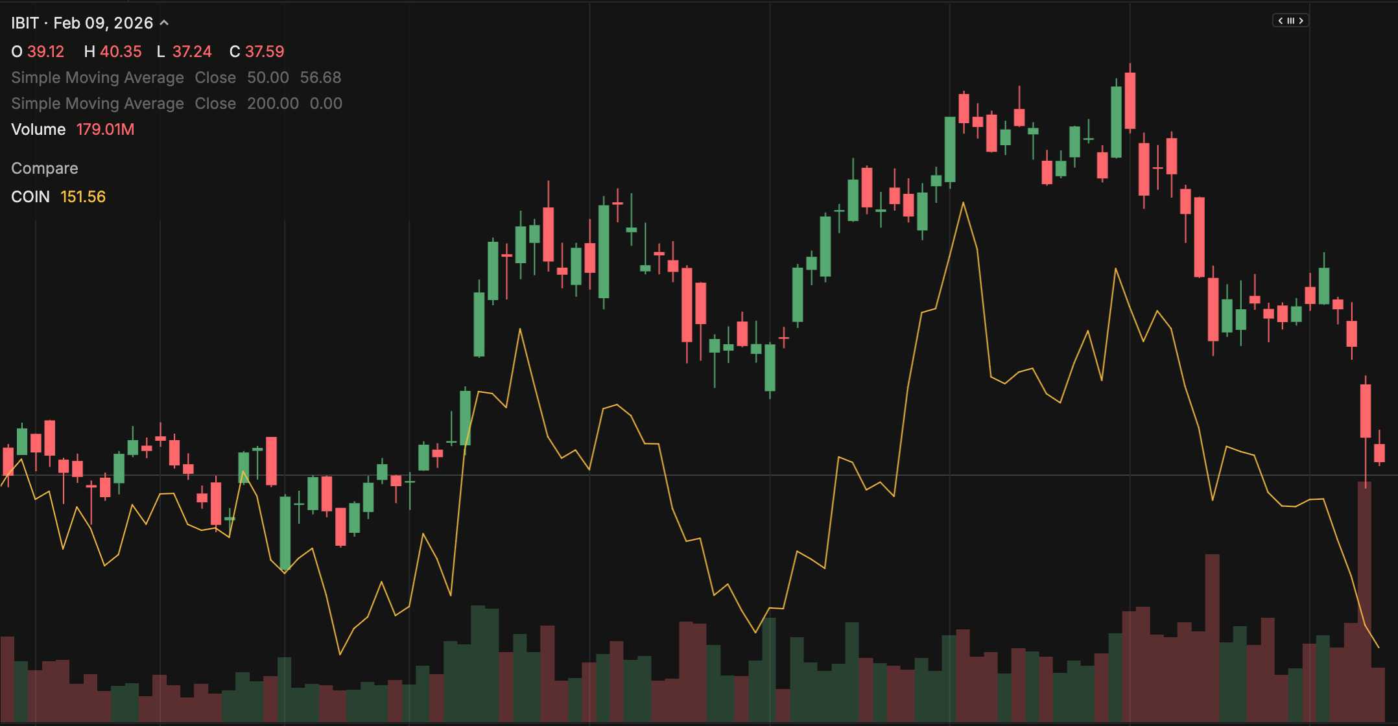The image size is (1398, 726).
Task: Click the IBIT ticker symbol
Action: click(x=25, y=23)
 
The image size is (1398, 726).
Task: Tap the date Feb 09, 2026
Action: click(x=103, y=23)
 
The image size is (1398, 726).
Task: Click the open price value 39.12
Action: click(x=45, y=52)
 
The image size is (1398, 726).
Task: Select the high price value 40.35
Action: click(x=121, y=52)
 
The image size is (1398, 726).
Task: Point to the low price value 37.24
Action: click(x=192, y=52)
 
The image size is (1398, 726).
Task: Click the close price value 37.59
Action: click(x=265, y=52)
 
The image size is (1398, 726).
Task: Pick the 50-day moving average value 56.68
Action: click(x=320, y=78)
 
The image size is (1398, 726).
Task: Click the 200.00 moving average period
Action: click(x=273, y=104)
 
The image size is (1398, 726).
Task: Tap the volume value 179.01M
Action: click(x=105, y=130)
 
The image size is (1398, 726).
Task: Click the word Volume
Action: click(x=38, y=130)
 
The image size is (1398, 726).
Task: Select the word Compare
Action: click(x=45, y=169)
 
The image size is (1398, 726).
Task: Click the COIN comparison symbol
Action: click(x=30, y=197)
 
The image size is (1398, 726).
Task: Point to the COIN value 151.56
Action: click(x=83, y=197)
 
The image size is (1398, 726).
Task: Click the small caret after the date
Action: click(x=164, y=23)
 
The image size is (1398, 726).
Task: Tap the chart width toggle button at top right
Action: click(x=1290, y=21)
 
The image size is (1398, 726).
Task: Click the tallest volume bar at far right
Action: click(x=1364, y=603)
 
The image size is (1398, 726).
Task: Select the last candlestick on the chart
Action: click(x=1379, y=452)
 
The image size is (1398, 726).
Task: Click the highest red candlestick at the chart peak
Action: click(x=1130, y=100)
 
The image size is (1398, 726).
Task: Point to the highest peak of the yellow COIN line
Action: click(x=964, y=203)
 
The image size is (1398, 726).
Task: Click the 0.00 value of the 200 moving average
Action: click(x=326, y=104)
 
